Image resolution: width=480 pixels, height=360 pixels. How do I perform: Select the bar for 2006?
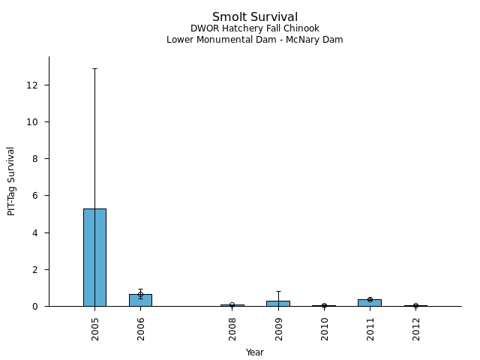pos(140,300)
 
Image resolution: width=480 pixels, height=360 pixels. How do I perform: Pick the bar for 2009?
pos(278,303)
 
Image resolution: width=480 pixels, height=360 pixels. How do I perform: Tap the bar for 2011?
pos(370,302)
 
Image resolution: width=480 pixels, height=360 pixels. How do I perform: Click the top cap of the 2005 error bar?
pos(94,69)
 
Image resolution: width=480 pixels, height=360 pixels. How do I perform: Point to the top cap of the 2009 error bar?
pos(278,291)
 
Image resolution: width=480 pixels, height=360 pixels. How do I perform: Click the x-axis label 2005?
pos(95,328)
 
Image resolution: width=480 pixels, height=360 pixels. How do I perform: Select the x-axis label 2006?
pos(141,328)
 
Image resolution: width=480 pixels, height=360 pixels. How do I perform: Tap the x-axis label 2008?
pos(232,328)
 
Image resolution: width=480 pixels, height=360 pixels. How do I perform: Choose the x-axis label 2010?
pos(324,328)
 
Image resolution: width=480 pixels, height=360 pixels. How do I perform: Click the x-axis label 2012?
pos(415,328)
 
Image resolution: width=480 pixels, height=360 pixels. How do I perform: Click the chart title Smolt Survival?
pos(255,17)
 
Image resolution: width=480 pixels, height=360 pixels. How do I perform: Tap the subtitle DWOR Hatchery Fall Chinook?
pos(255,28)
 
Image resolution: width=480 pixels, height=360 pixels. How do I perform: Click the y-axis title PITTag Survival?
pos(11,181)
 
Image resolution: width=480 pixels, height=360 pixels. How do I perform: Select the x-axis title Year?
pos(255,352)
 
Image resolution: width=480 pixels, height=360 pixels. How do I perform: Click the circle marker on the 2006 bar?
pos(140,295)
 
